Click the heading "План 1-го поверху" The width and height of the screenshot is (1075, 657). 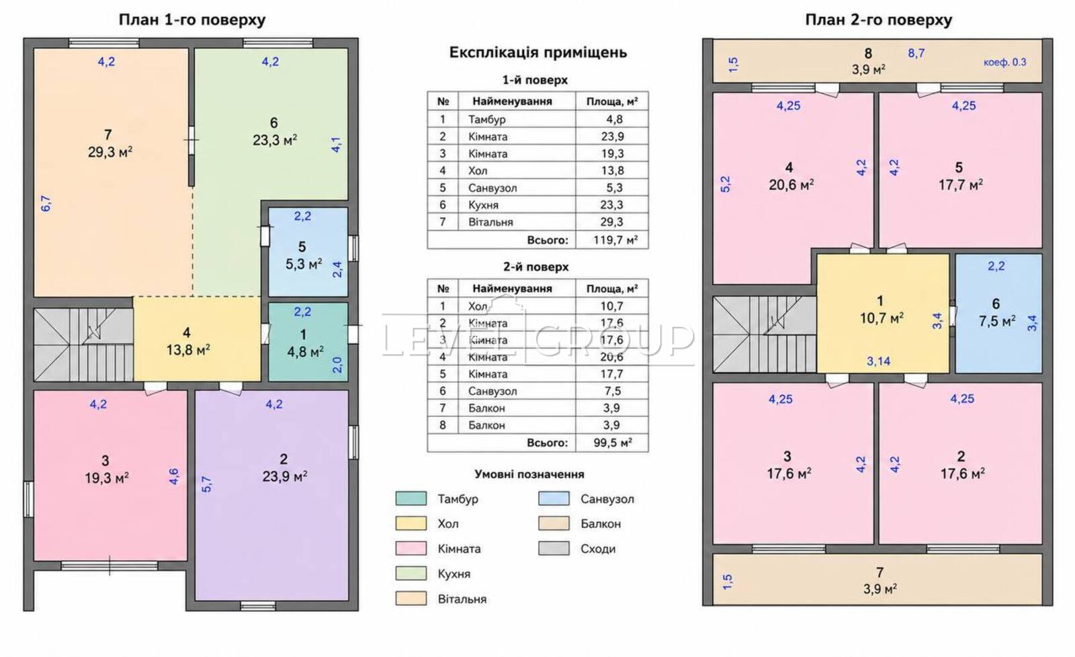[x=192, y=20]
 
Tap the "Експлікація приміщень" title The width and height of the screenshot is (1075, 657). [x=538, y=52]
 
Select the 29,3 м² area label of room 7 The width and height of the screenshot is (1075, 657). [x=110, y=152]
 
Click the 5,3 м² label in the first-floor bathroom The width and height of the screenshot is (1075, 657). [x=304, y=264]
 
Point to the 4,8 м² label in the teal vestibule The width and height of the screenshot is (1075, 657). [x=305, y=352]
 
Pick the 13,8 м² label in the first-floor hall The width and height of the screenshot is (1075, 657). [x=188, y=350]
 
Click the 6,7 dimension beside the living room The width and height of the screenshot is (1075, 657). [x=46, y=204]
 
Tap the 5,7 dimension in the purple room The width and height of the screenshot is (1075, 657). [x=206, y=484]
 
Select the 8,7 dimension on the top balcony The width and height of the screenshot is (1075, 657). [x=916, y=53]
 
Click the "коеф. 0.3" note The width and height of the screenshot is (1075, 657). [x=1005, y=62]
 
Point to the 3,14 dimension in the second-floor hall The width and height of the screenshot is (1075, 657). [x=878, y=361]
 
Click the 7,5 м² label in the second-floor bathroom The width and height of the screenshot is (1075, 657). [x=997, y=321]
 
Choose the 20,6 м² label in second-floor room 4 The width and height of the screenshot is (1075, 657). [x=791, y=185]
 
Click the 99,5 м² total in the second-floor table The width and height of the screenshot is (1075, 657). [x=613, y=443]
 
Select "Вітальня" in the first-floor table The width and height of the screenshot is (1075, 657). [x=490, y=222]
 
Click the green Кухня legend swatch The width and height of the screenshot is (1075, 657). [x=411, y=573]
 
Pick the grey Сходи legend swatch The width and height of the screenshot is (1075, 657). [x=554, y=548]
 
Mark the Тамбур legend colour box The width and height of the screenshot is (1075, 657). [x=411, y=498]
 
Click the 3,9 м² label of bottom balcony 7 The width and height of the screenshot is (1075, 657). [x=880, y=589]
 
